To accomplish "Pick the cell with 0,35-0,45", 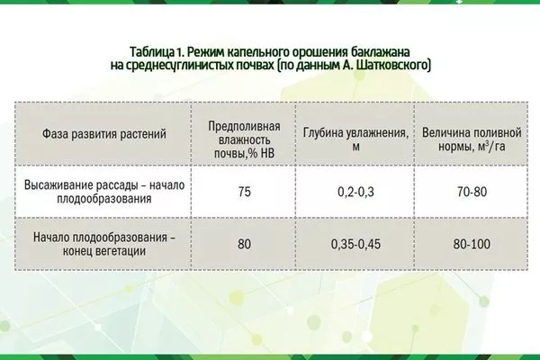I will pos(354,243).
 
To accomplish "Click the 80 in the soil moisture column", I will pos(243,243).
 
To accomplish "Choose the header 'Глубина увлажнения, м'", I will pos(354,136).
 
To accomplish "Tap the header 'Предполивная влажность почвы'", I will pos(243,136).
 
